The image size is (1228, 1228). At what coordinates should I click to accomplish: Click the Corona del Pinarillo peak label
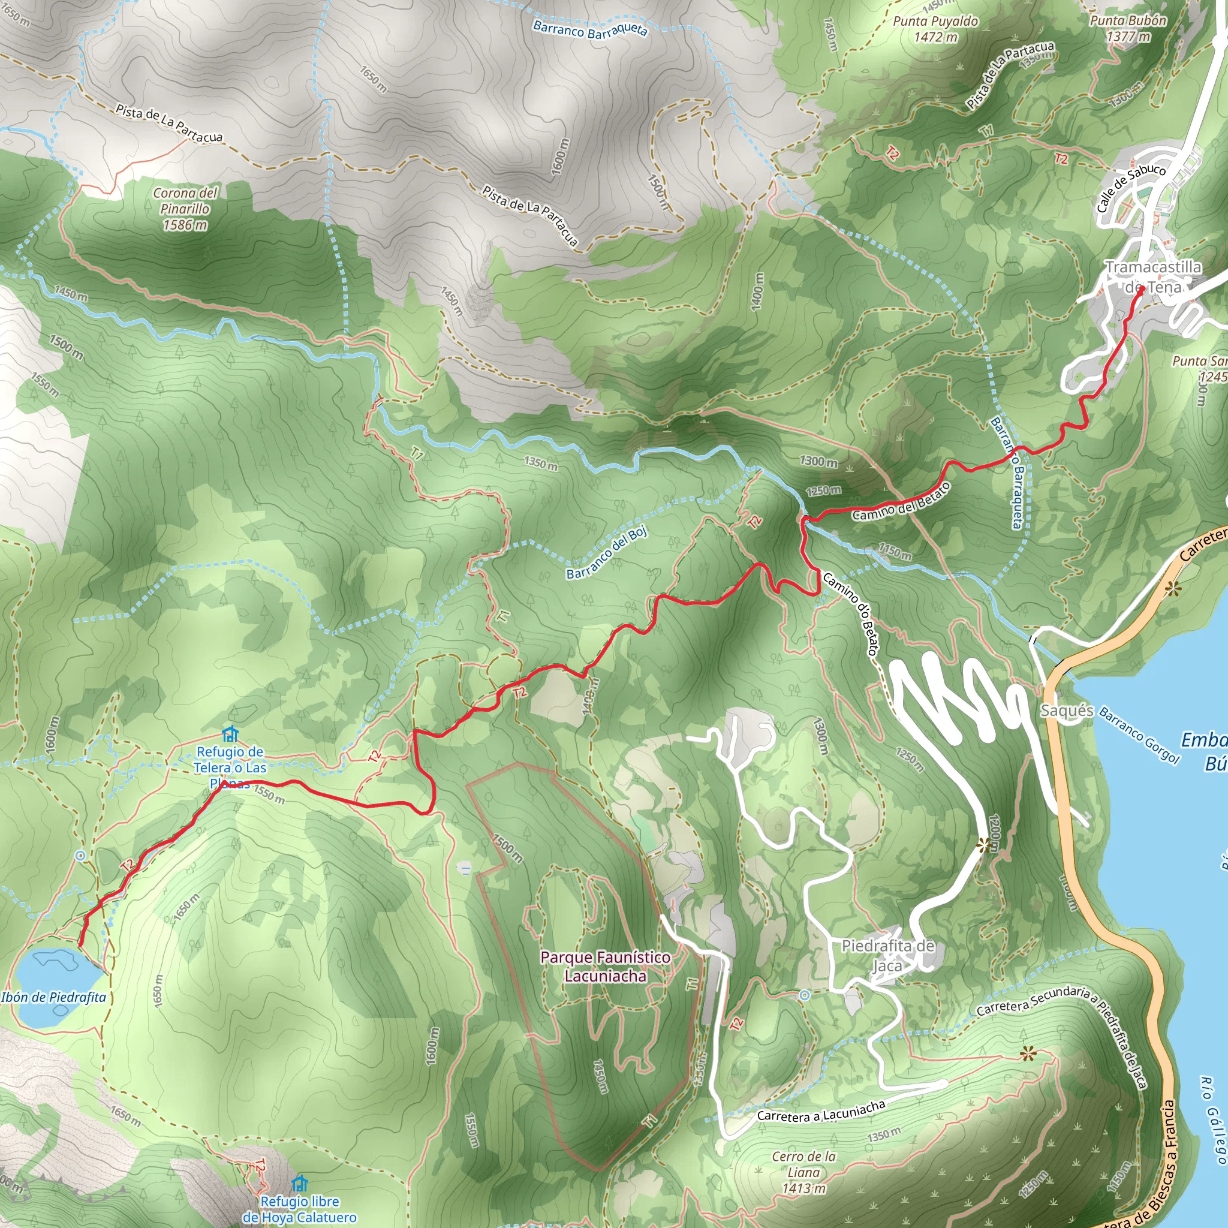(185, 209)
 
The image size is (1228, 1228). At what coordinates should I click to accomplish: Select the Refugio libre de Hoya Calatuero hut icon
(299, 1184)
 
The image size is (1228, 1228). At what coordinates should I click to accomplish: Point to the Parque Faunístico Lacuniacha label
(604, 966)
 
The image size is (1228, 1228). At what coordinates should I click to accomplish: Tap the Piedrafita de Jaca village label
(888, 956)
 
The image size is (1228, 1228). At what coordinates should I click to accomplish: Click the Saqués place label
(1067, 711)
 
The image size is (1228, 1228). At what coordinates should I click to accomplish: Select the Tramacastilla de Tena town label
(1153, 276)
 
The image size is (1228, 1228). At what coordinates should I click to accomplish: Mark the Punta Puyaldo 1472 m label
(935, 29)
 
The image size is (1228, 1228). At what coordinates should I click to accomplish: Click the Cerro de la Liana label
(803, 1172)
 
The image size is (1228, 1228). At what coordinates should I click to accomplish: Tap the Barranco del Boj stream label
(607, 552)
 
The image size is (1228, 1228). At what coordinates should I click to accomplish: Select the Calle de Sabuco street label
(1131, 188)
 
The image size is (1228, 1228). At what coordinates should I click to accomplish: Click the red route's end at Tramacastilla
(1142, 289)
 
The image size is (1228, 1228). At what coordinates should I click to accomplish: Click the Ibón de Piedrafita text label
(54, 997)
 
